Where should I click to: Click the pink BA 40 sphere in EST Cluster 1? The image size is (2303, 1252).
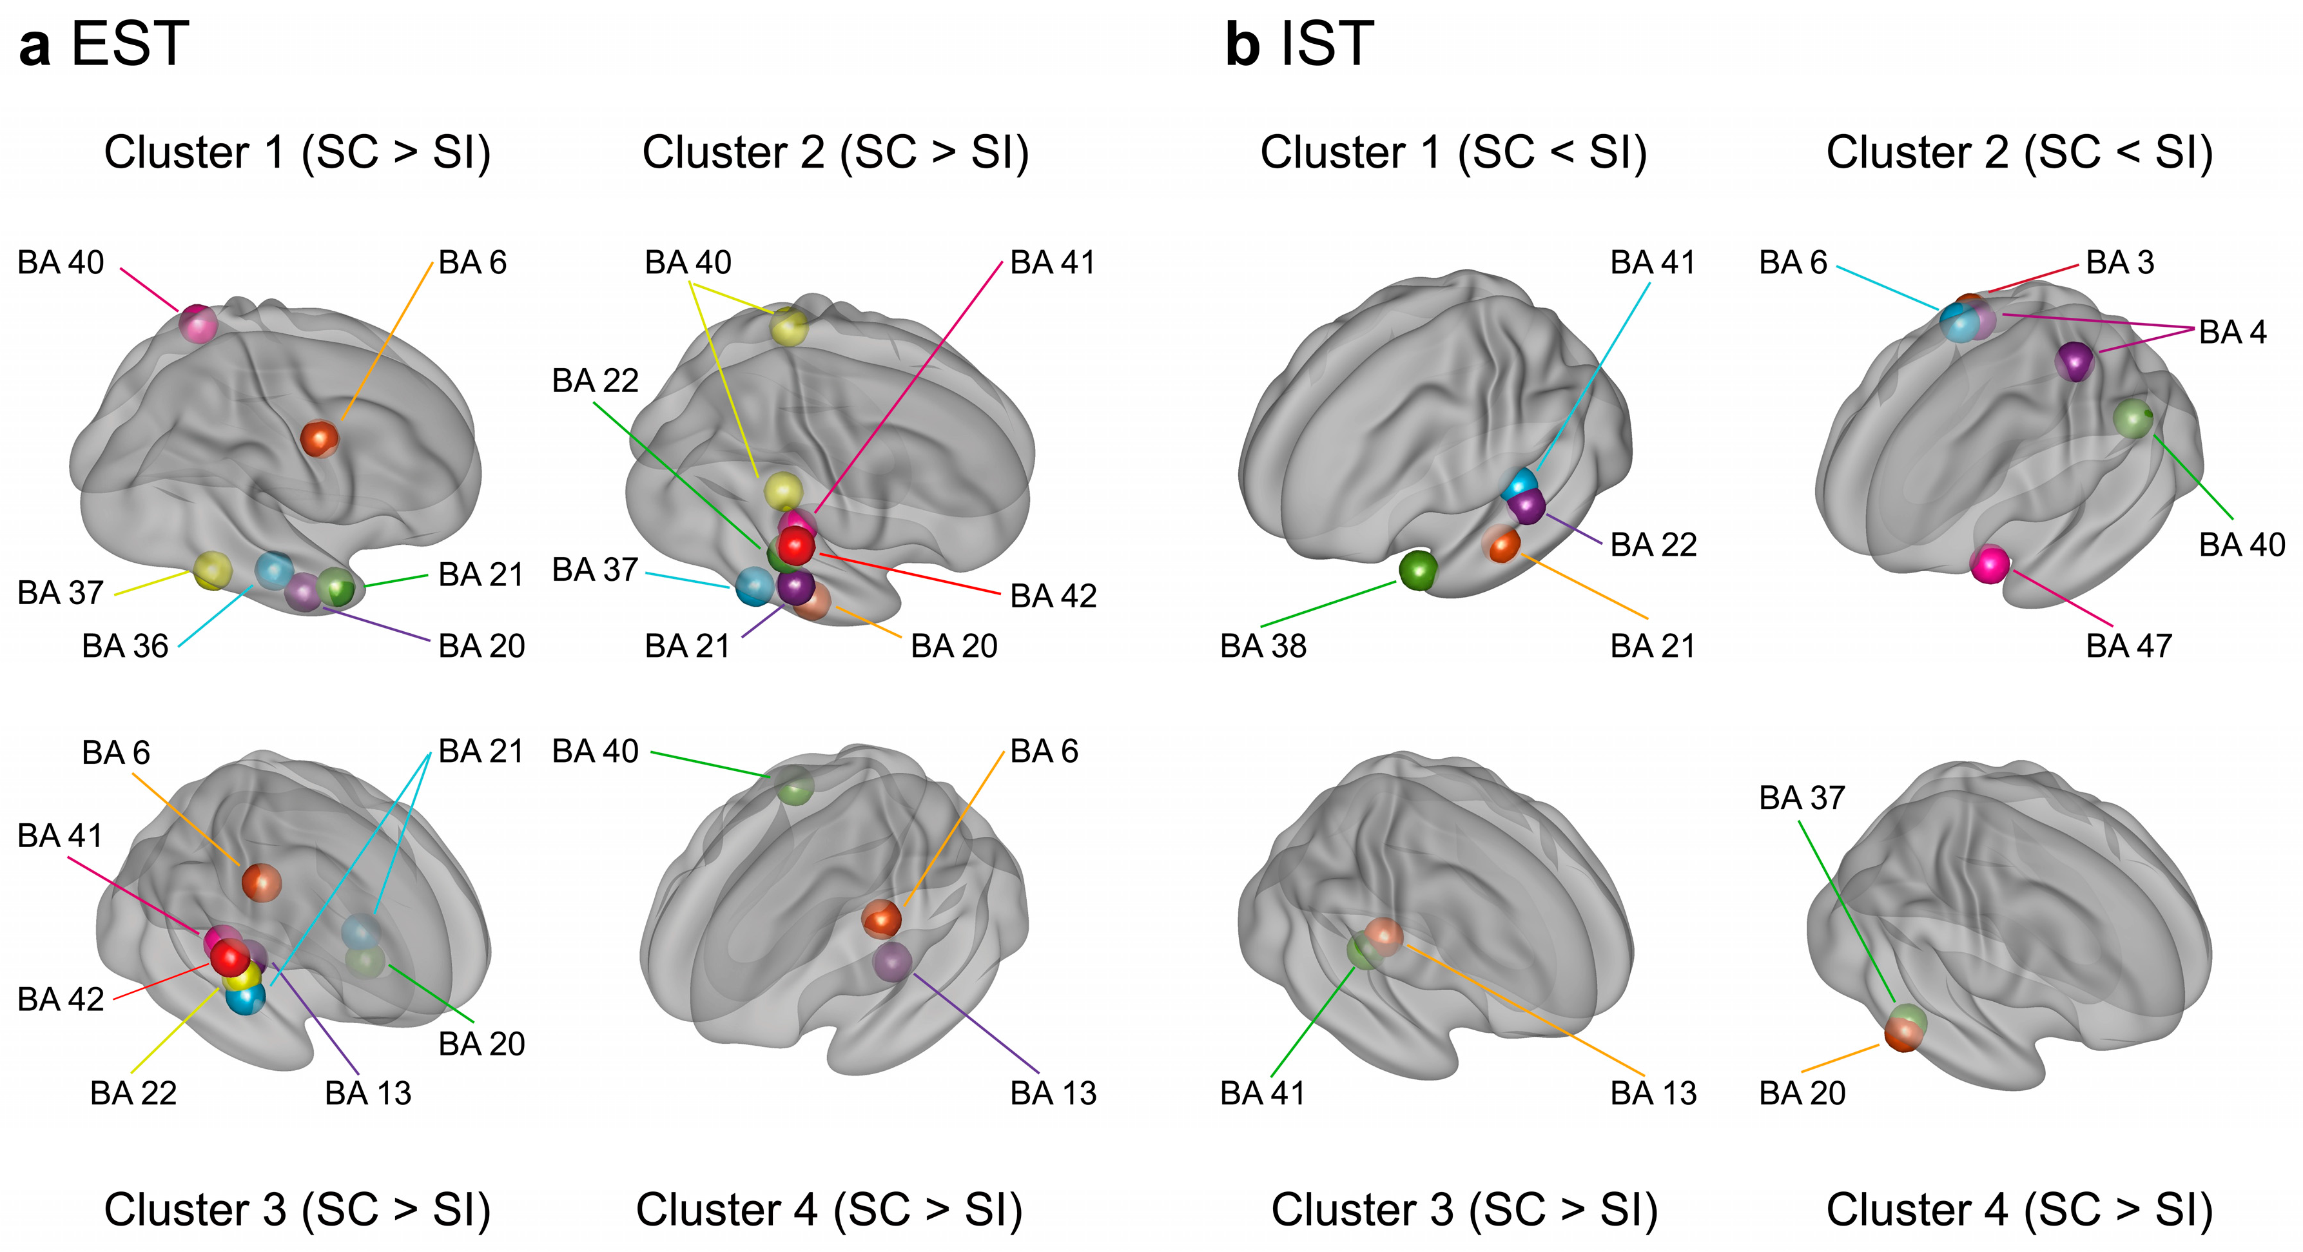click(x=199, y=324)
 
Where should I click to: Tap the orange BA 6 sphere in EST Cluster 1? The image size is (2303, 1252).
click(x=319, y=438)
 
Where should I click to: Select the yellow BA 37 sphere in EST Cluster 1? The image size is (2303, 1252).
click(x=213, y=570)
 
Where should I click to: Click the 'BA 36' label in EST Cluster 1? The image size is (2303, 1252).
click(x=125, y=646)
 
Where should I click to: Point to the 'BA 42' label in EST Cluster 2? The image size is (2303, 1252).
click(x=1053, y=596)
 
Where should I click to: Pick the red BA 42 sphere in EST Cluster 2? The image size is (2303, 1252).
click(x=795, y=545)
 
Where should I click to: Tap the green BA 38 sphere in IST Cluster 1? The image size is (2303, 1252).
click(x=1417, y=570)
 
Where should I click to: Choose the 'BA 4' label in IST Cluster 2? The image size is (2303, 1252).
click(x=2232, y=332)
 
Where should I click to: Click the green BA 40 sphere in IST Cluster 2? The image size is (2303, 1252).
click(x=2133, y=418)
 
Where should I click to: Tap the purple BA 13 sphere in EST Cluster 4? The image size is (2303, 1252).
click(x=892, y=963)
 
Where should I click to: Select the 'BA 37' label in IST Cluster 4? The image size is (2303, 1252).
click(x=1802, y=797)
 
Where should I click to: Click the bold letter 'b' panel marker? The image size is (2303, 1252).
click(x=1243, y=44)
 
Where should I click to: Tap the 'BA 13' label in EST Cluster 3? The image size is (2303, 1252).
click(x=367, y=1093)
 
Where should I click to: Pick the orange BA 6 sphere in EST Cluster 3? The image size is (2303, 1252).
click(x=262, y=883)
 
